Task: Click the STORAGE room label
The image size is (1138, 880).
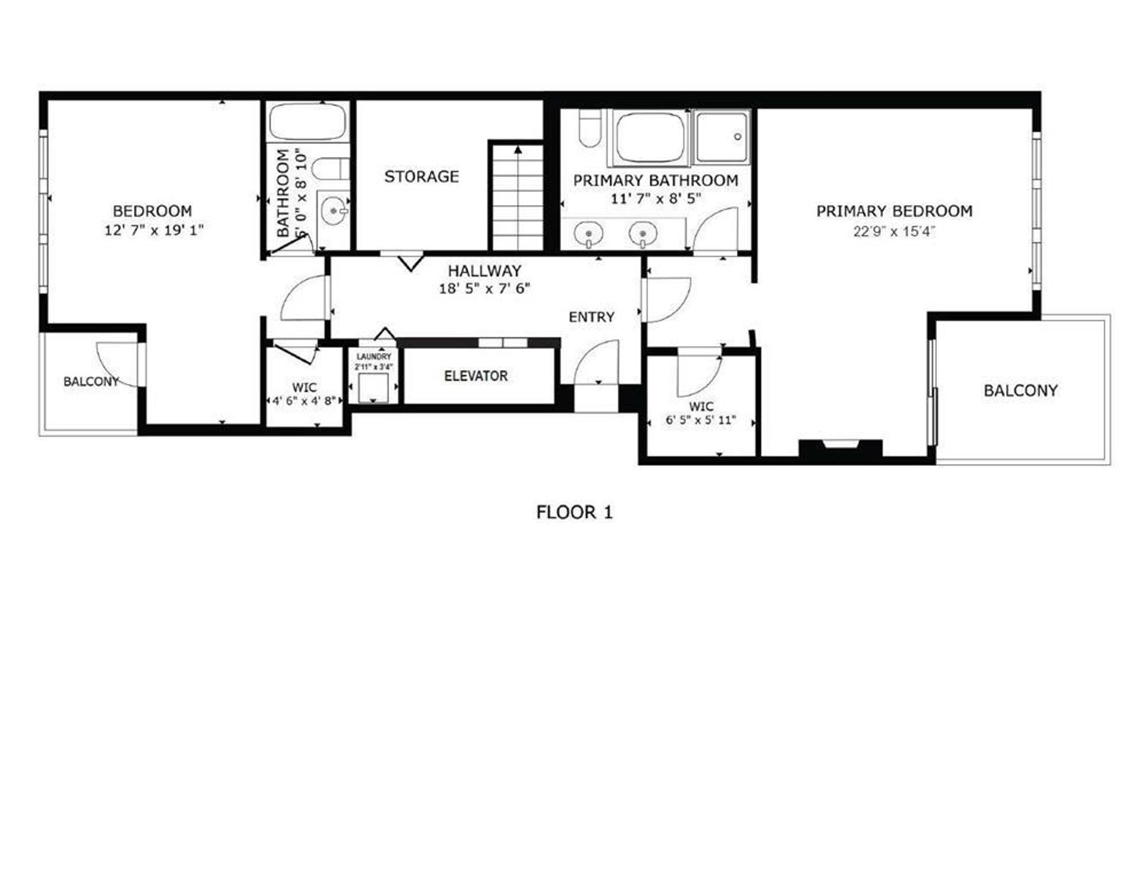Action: [x=421, y=176]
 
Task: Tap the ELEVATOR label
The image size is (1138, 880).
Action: [x=476, y=376]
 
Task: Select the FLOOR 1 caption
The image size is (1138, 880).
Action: [x=574, y=512]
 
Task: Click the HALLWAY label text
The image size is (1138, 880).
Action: [x=484, y=271]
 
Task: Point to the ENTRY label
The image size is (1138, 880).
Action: [x=592, y=317]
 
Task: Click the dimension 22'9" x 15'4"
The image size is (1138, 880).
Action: [x=894, y=231]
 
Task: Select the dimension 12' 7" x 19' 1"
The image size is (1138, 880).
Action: [x=154, y=230]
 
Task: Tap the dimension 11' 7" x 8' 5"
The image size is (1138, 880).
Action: [x=656, y=199]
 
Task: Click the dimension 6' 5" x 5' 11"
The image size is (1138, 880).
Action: [x=701, y=420]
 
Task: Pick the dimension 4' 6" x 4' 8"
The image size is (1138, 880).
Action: [x=305, y=401]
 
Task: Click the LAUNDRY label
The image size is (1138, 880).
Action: [x=373, y=357]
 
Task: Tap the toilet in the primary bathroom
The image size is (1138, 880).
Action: [x=590, y=128]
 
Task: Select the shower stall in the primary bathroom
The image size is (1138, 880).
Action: [x=721, y=137]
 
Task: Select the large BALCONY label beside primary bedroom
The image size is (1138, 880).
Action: [x=1021, y=391]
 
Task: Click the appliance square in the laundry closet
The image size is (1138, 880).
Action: [x=373, y=388]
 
